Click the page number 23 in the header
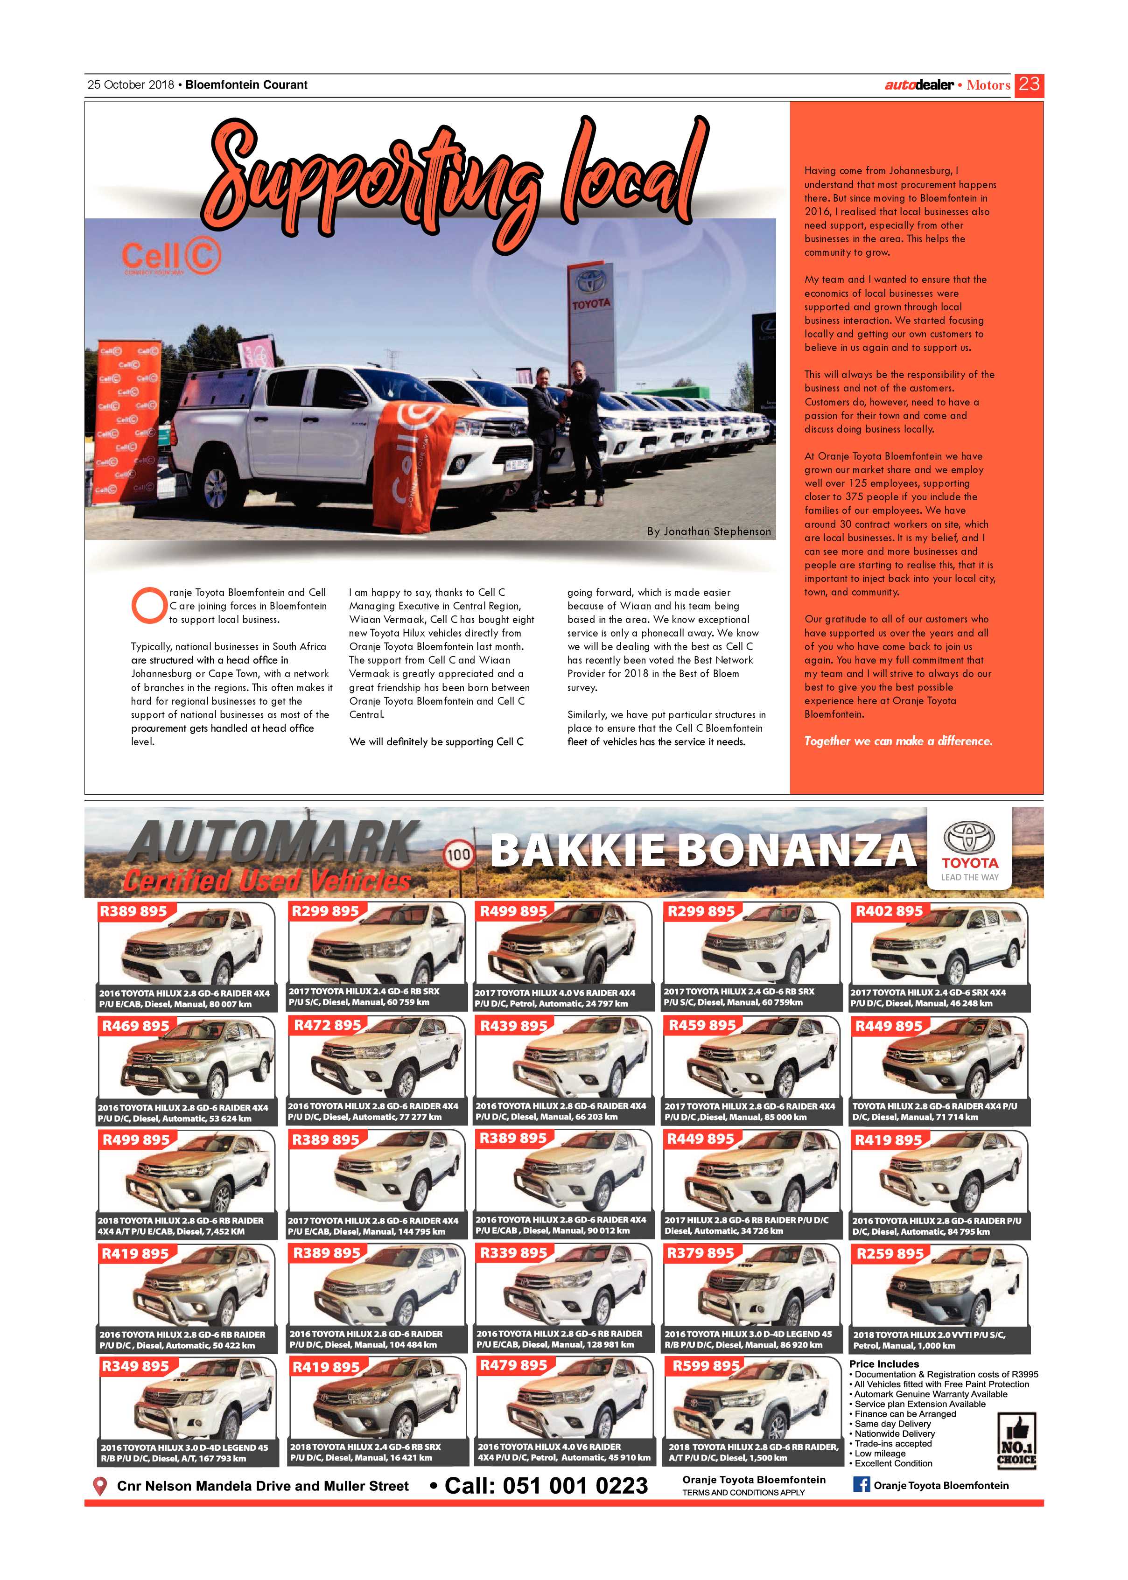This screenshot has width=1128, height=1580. [1028, 85]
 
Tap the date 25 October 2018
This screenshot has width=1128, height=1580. [131, 85]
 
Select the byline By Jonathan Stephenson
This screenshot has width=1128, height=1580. [708, 531]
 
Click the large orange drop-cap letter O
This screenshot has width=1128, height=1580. [148, 605]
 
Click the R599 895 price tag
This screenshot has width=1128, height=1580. [706, 1366]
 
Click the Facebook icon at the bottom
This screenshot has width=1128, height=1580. [861, 1485]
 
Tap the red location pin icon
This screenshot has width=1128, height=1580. [100, 1487]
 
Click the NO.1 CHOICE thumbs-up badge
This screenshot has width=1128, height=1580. [1016, 1441]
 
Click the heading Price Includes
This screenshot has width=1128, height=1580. [883, 1364]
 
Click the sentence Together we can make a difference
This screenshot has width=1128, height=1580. [898, 741]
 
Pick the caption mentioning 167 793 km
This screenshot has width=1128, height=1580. [183, 1453]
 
